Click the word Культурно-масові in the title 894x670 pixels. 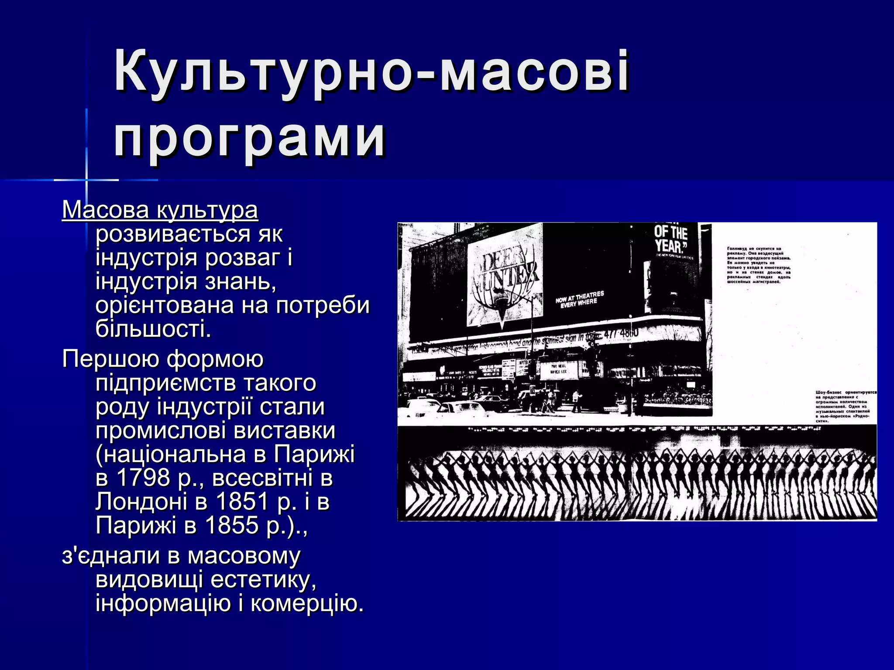click(x=371, y=72)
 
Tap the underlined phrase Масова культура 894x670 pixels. click(x=160, y=210)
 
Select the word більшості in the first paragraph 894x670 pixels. click(x=153, y=328)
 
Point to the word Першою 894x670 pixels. click(x=111, y=359)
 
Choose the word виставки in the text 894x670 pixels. click(x=284, y=431)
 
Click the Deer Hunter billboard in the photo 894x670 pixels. click(x=505, y=275)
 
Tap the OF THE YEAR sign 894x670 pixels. click(x=671, y=239)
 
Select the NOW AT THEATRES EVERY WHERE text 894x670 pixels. click(x=580, y=299)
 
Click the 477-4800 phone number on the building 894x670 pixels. click(x=620, y=333)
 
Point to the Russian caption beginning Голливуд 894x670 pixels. click(x=759, y=265)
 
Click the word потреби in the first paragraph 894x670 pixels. click(x=323, y=305)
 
